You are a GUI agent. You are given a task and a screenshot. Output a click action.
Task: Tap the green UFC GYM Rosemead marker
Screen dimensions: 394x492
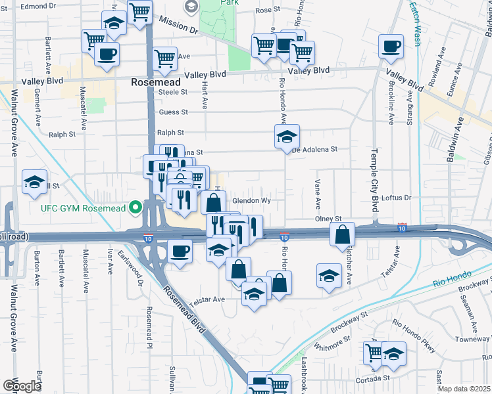tap(136, 208)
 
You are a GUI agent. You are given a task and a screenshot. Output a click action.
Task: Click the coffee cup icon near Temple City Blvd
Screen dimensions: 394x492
tap(391, 46)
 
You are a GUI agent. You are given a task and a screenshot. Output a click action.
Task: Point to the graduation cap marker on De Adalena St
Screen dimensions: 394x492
tap(287, 137)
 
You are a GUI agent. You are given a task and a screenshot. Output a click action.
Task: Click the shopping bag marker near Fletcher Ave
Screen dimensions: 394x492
tap(343, 234)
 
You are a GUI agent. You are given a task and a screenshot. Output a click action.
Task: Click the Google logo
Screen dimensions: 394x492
tap(21, 386)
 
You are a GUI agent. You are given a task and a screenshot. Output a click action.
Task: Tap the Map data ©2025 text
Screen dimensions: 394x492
tap(464, 389)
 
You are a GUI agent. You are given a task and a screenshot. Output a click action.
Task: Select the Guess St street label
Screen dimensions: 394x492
tap(173, 112)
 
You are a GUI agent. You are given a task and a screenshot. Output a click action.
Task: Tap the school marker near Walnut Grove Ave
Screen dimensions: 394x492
tap(34, 183)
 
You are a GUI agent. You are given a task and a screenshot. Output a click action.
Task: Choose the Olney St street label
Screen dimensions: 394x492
tap(330, 219)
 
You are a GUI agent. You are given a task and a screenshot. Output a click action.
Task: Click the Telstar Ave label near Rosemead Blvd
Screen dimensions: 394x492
tap(207, 299)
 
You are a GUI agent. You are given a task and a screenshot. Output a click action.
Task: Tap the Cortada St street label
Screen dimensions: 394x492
tap(372, 379)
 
